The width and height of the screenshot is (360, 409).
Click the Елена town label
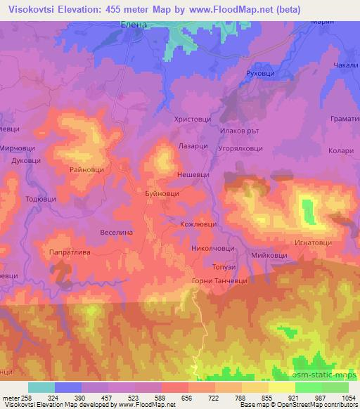tap(131, 23)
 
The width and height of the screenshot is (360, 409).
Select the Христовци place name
tap(192, 120)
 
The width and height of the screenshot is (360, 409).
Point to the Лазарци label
tap(193, 142)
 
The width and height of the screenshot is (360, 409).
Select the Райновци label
tap(87, 169)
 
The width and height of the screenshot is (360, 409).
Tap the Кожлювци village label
tap(194, 226)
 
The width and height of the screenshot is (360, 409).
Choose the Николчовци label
tap(212, 248)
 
